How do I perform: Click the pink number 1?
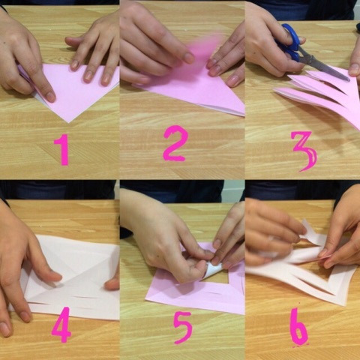[62, 149]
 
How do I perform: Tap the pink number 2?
[175, 143]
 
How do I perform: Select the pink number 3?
[304, 151]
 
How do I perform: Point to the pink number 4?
[61, 324]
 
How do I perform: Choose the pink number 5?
[183, 328]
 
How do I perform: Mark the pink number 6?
[298, 326]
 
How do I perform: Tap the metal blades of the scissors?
[325, 66]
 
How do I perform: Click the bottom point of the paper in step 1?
[68, 122]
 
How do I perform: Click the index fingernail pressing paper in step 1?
[51, 97]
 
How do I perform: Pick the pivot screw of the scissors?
[310, 59]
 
